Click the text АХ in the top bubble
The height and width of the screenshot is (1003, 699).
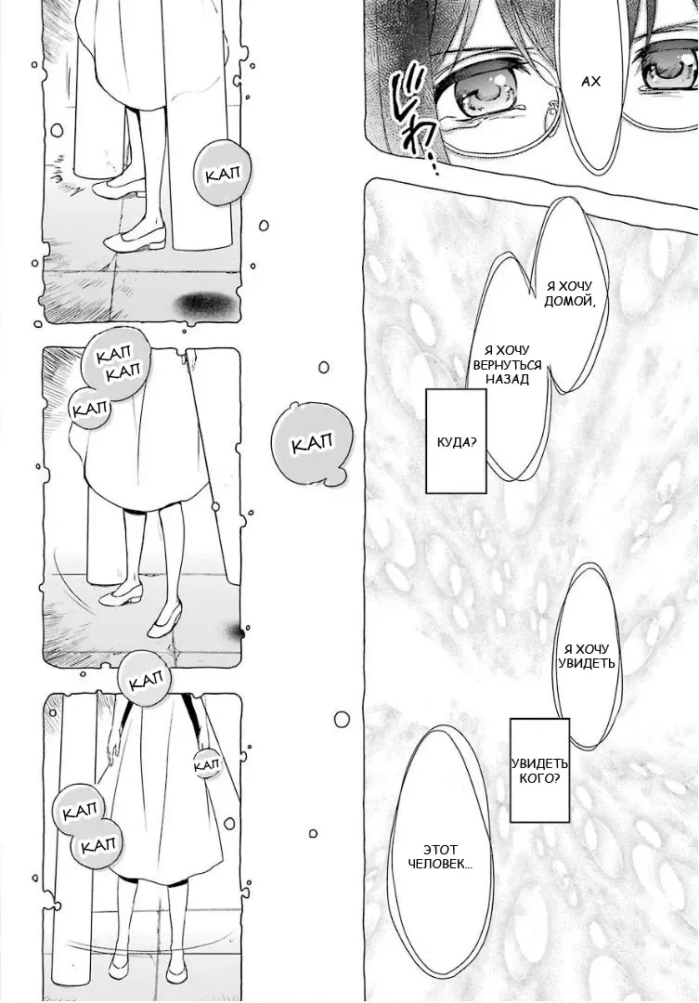[590, 82]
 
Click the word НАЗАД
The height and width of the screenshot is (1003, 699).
[507, 380]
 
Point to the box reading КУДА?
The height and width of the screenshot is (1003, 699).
[456, 441]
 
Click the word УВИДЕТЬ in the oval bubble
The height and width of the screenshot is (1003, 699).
[589, 664]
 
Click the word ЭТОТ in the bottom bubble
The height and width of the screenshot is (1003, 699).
[439, 849]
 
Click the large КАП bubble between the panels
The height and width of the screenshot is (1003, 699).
[312, 443]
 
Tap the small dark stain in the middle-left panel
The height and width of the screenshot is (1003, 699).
[236, 632]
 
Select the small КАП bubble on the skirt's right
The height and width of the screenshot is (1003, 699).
[206, 762]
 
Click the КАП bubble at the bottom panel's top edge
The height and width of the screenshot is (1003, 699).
[146, 683]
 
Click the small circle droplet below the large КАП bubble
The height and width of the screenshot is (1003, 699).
[343, 718]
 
